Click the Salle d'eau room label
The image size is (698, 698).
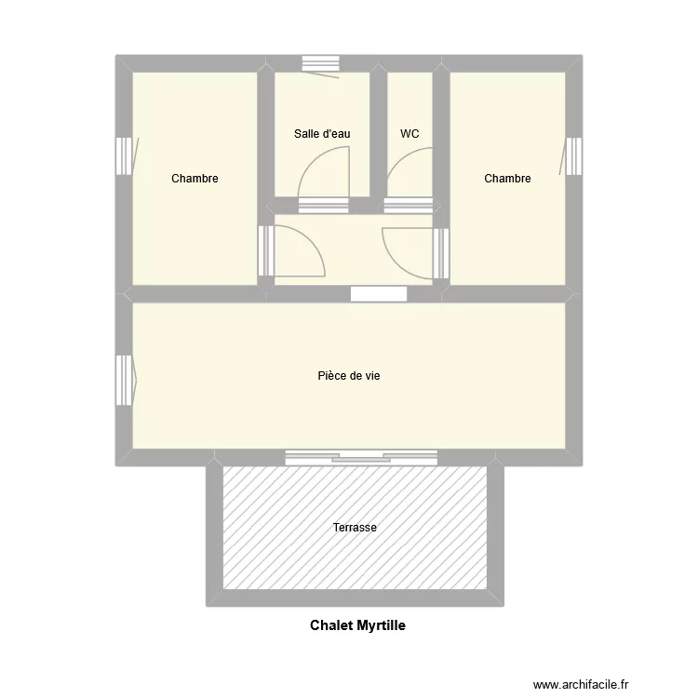tap(322, 134)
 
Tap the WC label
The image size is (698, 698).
tap(409, 134)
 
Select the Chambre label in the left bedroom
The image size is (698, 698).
tap(195, 179)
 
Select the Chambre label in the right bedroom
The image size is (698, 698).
tap(507, 179)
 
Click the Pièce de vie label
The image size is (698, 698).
tap(349, 376)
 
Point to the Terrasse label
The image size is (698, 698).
tap(355, 528)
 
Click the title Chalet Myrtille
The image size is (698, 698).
tap(357, 626)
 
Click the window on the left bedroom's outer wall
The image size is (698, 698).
tap(124, 156)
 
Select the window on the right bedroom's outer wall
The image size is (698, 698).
tap(574, 156)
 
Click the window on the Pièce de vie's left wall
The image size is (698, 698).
tap(124, 380)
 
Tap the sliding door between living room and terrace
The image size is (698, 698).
tap(360, 456)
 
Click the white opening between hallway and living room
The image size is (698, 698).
tap(379, 294)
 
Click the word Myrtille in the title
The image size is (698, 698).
tap(380, 626)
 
